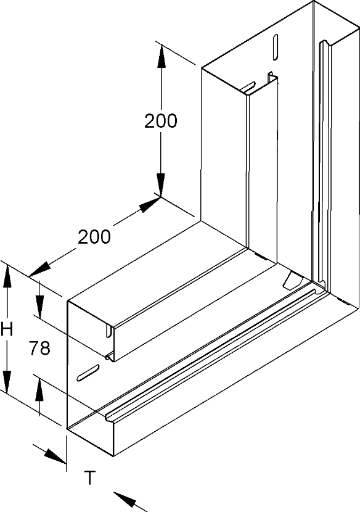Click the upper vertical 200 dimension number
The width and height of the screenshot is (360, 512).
[x=160, y=121]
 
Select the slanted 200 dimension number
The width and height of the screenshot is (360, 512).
[x=94, y=237]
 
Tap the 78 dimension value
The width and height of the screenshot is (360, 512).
[x=39, y=348]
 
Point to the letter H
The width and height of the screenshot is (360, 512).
[x=7, y=329]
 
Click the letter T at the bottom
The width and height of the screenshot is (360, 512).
[x=90, y=477]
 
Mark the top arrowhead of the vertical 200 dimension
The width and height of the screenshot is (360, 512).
[x=160, y=57]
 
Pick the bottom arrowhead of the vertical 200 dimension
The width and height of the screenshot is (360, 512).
[x=160, y=185]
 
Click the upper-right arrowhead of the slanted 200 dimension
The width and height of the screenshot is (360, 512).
[x=150, y=204]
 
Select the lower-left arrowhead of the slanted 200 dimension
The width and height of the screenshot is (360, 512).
[x=39, y=270]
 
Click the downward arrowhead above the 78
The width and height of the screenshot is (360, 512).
[x=39, y=306]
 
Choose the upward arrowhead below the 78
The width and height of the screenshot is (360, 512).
[x=39, y=389]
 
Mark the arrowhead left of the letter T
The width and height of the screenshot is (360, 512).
[x=55, y=456]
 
